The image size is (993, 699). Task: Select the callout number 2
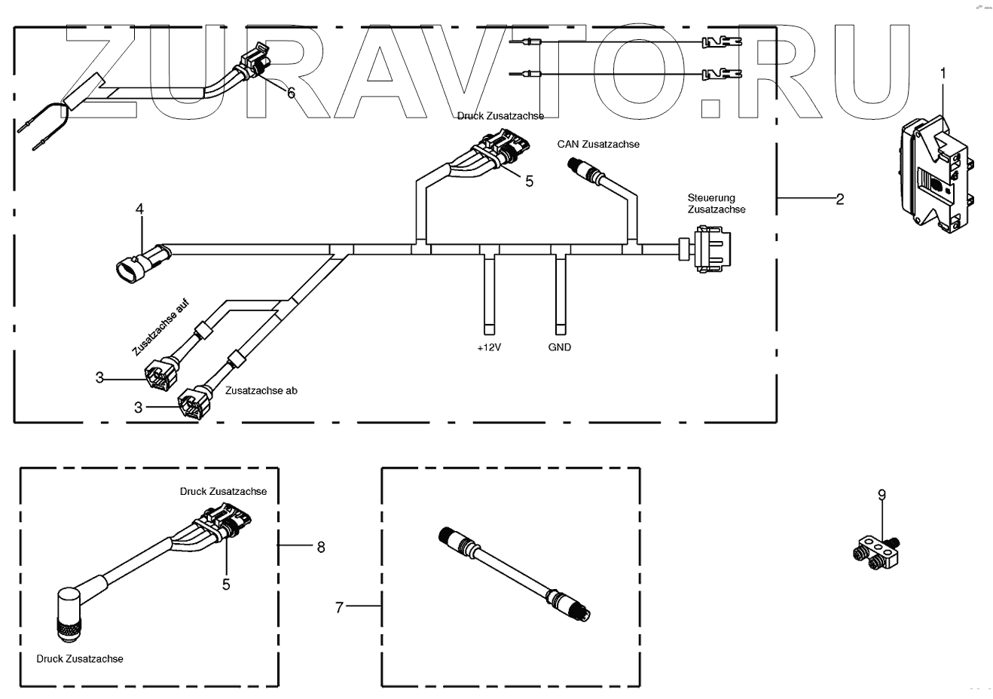[x=839, y=199]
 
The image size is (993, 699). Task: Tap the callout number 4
[x=139, y=207]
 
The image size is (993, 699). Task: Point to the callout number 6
[x=291, y=92]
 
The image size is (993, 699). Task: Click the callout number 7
[x=339, y=606]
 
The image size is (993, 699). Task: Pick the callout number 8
[x=321, y=547]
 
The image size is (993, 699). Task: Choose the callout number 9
[x=881, y=495]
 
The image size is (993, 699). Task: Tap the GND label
[x=560, y=347]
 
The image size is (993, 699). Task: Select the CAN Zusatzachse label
[x=598, y=144]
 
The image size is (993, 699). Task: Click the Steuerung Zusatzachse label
[x=716, y=203]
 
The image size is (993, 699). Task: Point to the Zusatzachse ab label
[x=261, y=391]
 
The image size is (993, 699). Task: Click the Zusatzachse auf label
[x=160, y=328]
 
